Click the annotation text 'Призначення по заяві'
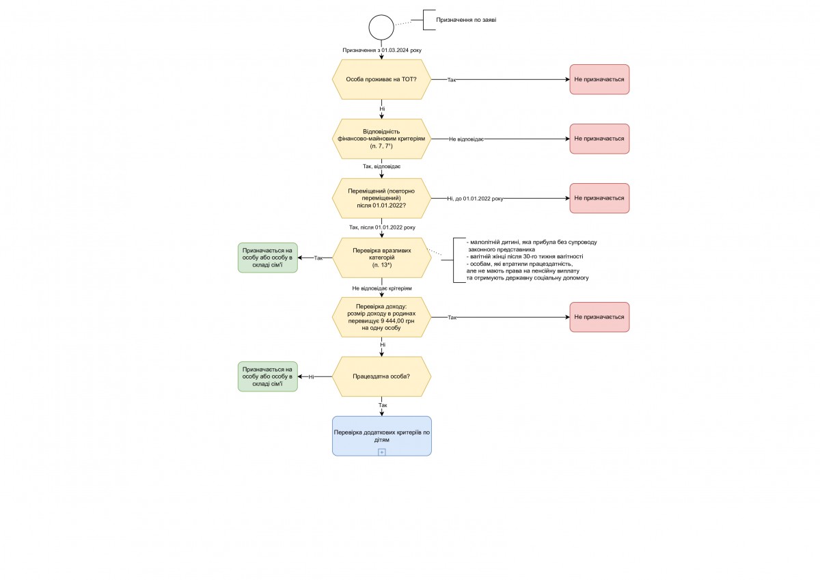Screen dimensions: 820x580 coord(466,20)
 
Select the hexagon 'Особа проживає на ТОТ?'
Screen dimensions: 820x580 coord(381,79)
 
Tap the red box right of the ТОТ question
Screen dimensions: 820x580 coord(599,79)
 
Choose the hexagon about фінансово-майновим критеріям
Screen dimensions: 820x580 coord(381,139)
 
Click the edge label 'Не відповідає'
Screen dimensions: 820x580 coord(466,139)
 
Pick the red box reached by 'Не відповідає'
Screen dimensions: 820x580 coord(599,139)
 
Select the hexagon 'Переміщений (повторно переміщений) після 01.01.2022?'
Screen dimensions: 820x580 coord(381,198)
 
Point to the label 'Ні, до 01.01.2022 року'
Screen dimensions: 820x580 coord(475,199)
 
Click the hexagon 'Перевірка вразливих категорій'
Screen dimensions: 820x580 coord(381,258)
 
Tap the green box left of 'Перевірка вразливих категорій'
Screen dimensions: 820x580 coord(268,258)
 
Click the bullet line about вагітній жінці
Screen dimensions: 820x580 coord(525,256)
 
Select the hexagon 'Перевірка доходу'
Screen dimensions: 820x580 coord(381,317)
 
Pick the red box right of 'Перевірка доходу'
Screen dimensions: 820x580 coord(599,317)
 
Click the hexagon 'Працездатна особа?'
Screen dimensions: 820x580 coord(381,376)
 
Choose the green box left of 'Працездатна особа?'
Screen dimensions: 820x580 coord(268,376)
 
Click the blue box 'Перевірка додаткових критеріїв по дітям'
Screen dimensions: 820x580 coord(382,436)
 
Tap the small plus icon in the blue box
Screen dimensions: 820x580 coord(381,452)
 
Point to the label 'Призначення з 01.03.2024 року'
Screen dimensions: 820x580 coord(382,50)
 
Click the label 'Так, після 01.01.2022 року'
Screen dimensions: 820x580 coord(382,227)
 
